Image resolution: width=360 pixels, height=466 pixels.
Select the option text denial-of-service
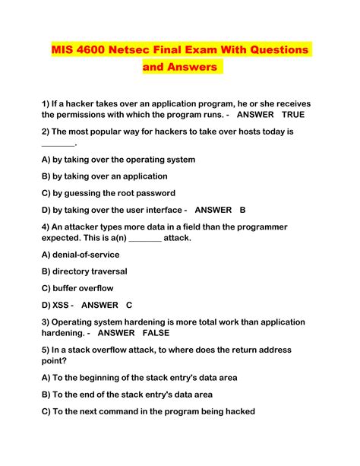[87, 255]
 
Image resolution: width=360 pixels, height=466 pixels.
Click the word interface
[154, 210]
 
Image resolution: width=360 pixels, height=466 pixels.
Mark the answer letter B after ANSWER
[242, 210]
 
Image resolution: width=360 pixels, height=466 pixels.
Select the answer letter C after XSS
[129, 305]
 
